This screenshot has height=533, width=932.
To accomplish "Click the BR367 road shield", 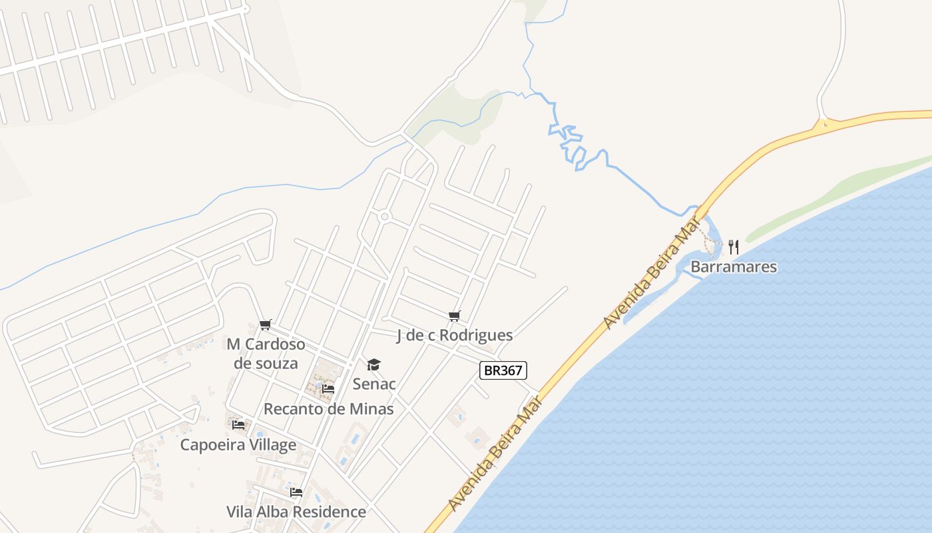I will (x=503, y=370).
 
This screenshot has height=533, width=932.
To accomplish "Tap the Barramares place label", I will (x=734, y=267).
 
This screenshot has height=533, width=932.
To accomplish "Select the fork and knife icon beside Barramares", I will (x=734, y=247).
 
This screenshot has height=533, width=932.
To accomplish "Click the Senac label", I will (x=374, y=384).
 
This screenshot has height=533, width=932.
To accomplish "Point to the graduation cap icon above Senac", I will (x=374, y=364).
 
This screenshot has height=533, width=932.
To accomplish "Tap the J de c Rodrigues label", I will (x=455, y=335).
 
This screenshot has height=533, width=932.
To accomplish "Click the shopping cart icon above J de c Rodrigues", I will (x=455, y=316).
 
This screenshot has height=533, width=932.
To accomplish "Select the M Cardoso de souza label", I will (x=266, y=354).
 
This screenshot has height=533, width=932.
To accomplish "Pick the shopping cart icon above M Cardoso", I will (x=266, y=324).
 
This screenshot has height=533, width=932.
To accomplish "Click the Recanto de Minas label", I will (x=329, y=408).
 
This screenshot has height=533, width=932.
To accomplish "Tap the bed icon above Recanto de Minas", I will (x=328, y=388).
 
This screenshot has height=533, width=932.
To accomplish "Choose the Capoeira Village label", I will (x=238, y=444).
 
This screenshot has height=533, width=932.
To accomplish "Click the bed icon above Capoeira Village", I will (x=238, y=424).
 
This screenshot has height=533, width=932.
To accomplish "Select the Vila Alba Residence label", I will (x=296, y=512).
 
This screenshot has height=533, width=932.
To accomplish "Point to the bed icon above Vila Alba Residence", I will (x=296, y=492).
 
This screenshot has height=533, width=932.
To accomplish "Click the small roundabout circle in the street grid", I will (x=384, y=217).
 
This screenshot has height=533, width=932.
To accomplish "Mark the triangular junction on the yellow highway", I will (x=824, y=123).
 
